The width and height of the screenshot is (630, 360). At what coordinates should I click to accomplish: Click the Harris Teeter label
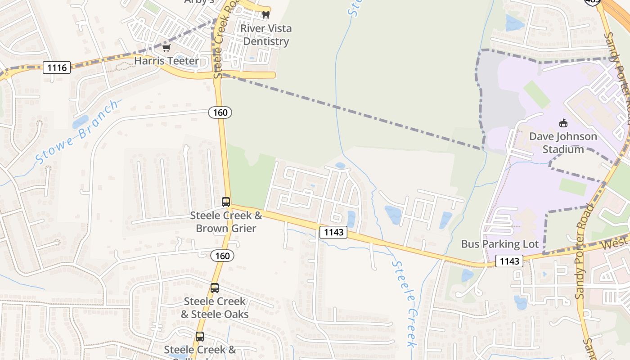click(x=166, y=61)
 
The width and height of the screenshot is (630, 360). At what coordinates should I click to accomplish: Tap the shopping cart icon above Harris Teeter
click(x=166, y=48)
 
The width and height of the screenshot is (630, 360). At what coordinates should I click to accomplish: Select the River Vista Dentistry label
click(x=265, y=35)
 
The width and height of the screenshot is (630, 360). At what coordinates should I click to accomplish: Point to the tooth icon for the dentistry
click(x=265, y=15)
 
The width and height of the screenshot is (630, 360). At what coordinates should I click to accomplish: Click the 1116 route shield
click(x=57, y=68)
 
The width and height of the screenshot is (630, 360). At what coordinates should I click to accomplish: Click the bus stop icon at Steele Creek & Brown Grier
click(x=226, y=202)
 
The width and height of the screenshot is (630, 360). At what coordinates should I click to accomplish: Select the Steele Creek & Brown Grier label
click(x=226, y=222)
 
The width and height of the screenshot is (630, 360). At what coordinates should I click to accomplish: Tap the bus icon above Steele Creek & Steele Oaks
click(x=215, y=288)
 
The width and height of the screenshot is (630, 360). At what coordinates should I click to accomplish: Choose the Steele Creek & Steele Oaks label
click(x=215, y=308)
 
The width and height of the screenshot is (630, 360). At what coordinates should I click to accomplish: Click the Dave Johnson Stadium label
click(x=563, y=143)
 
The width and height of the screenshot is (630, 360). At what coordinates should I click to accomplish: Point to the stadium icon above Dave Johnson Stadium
click(x=563, y=123)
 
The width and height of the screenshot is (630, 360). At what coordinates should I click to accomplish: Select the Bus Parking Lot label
click(x=499, y=244)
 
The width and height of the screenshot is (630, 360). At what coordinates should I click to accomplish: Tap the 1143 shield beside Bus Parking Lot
click(x=509, y=261)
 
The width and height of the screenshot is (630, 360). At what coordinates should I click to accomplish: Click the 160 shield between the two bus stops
click(x=222, y=256)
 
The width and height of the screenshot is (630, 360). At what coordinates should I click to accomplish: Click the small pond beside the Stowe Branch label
click(x=81, y=121)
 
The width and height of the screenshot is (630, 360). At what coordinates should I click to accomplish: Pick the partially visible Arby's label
click(x=199, y=2)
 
